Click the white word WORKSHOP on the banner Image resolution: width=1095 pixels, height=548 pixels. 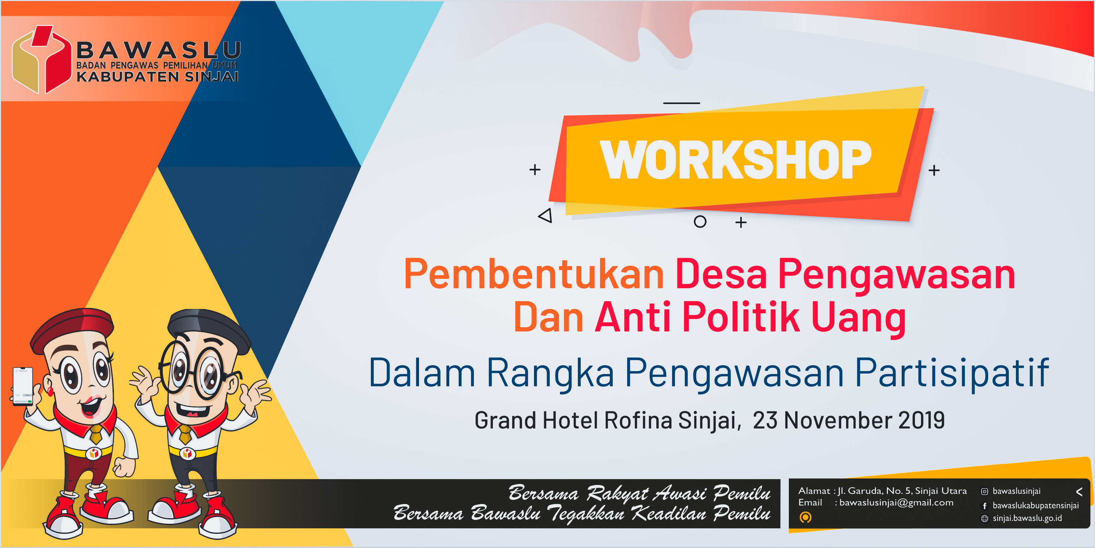click(735, 160)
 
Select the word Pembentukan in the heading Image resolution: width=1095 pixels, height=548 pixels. click(534, 275)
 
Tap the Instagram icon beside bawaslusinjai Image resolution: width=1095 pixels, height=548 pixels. click(984, 491)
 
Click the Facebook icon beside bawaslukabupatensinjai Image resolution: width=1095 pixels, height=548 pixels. click(984, 505)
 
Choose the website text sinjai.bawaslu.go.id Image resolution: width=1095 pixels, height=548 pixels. click(1027, 518)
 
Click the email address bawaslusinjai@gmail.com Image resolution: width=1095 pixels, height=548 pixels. click(896, 503)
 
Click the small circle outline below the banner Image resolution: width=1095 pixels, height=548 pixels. click(700, 221)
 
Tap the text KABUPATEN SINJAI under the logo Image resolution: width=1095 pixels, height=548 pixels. click(157, 77)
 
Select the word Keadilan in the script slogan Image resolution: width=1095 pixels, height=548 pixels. click(670, 514)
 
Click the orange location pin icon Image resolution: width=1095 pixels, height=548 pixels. click(805, 517)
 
